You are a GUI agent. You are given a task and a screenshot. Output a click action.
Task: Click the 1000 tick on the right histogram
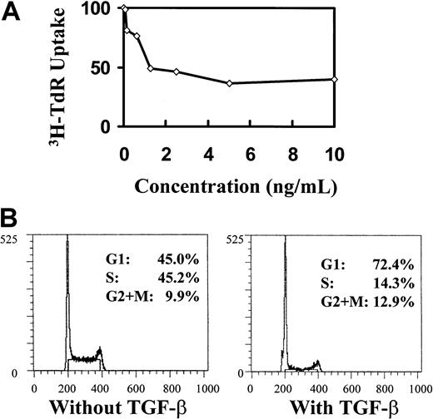[416, 387]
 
